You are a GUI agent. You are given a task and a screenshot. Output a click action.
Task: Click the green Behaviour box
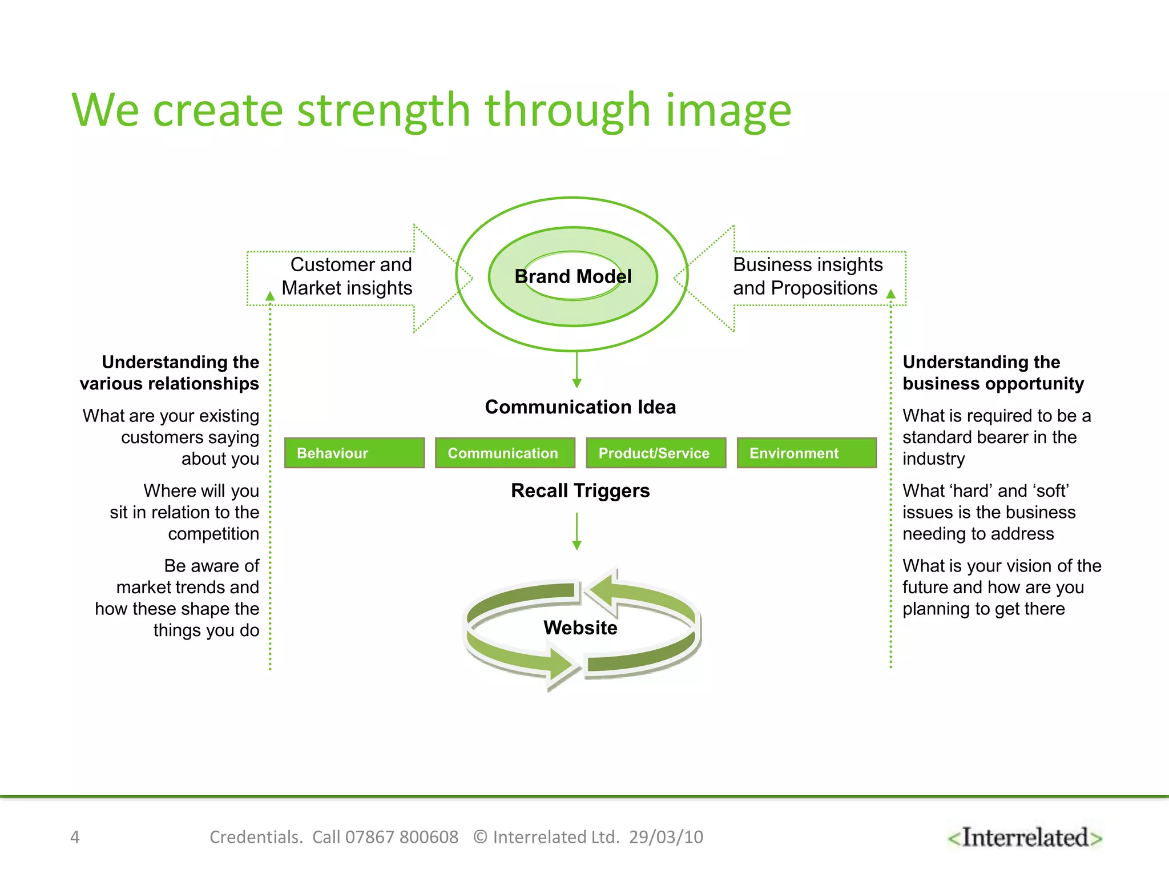point(354,453)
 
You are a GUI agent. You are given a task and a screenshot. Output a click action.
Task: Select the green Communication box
point(505,453)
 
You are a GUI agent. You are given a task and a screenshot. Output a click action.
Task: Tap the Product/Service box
point(656,453)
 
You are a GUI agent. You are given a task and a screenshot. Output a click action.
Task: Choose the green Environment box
point(807,453)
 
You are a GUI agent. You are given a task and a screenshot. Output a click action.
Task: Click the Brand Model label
point(573,277)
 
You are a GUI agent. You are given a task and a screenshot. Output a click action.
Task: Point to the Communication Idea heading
point(581,407)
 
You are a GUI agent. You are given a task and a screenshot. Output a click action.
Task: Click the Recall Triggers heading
point(581,491)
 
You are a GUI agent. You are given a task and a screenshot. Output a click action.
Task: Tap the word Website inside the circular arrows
point(581,628)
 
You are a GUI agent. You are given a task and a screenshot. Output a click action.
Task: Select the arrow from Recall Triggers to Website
point(577,532)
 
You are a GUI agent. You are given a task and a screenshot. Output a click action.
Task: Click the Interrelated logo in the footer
point(1025,838)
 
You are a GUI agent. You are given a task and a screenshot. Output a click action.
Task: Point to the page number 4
point(75,838)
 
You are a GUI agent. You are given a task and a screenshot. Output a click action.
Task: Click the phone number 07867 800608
point(402,838)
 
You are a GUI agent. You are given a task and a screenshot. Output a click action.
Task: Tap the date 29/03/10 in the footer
point(666,838)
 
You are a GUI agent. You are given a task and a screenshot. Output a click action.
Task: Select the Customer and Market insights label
point(347,277)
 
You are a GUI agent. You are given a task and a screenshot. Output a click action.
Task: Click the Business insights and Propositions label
point(807,277)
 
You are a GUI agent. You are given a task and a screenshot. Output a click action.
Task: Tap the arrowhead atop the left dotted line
point(271,296)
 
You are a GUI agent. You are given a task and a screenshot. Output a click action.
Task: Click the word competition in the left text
point(213,534)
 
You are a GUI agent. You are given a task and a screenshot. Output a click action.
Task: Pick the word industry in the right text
point(934,459)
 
